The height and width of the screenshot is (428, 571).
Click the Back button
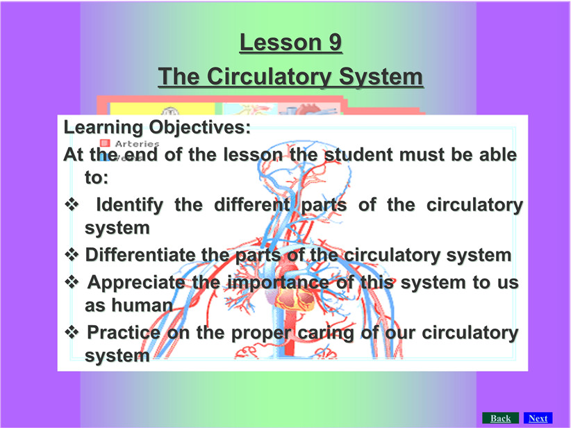pyautogui.click(x=500, y=418)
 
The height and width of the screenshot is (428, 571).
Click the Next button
pyautogui.click(x=538, y=418)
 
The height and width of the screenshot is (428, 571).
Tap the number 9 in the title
pyautogui.click(x=335, y=42)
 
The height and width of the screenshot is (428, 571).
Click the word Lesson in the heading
pyautogui.click(x=281, y=42)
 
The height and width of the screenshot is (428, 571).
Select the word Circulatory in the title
pyautogui.click(x=269, y=77)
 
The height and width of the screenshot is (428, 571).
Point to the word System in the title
pyautogui.click(x=381, y=77)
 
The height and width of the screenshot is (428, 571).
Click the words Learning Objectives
pyautogui.click(x=157, y=128)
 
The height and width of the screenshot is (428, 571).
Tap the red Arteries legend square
pyautogui.click(x=105, y=143)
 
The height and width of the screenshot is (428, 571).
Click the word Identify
pyautogui.click(x=129, y=205)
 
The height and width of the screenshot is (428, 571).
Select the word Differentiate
pyautogui.click(x=140, y=254)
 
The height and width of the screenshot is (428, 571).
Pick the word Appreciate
pyautogui.click(x=136, y=283)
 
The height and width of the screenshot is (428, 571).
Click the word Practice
pyautogui.click(x=124, y=332)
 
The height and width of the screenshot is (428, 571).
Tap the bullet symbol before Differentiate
pyautogui.click(x=72, y=254)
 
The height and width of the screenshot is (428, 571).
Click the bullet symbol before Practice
pyautogui.click(x=72, y=332)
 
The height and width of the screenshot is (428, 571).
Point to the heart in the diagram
pyautogui.click(x=295, y=299)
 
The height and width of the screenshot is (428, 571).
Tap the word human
pyautogui.click(x=142, y=305)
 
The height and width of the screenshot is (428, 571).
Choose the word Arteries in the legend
pyautogui.click(x=138, y=144)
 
